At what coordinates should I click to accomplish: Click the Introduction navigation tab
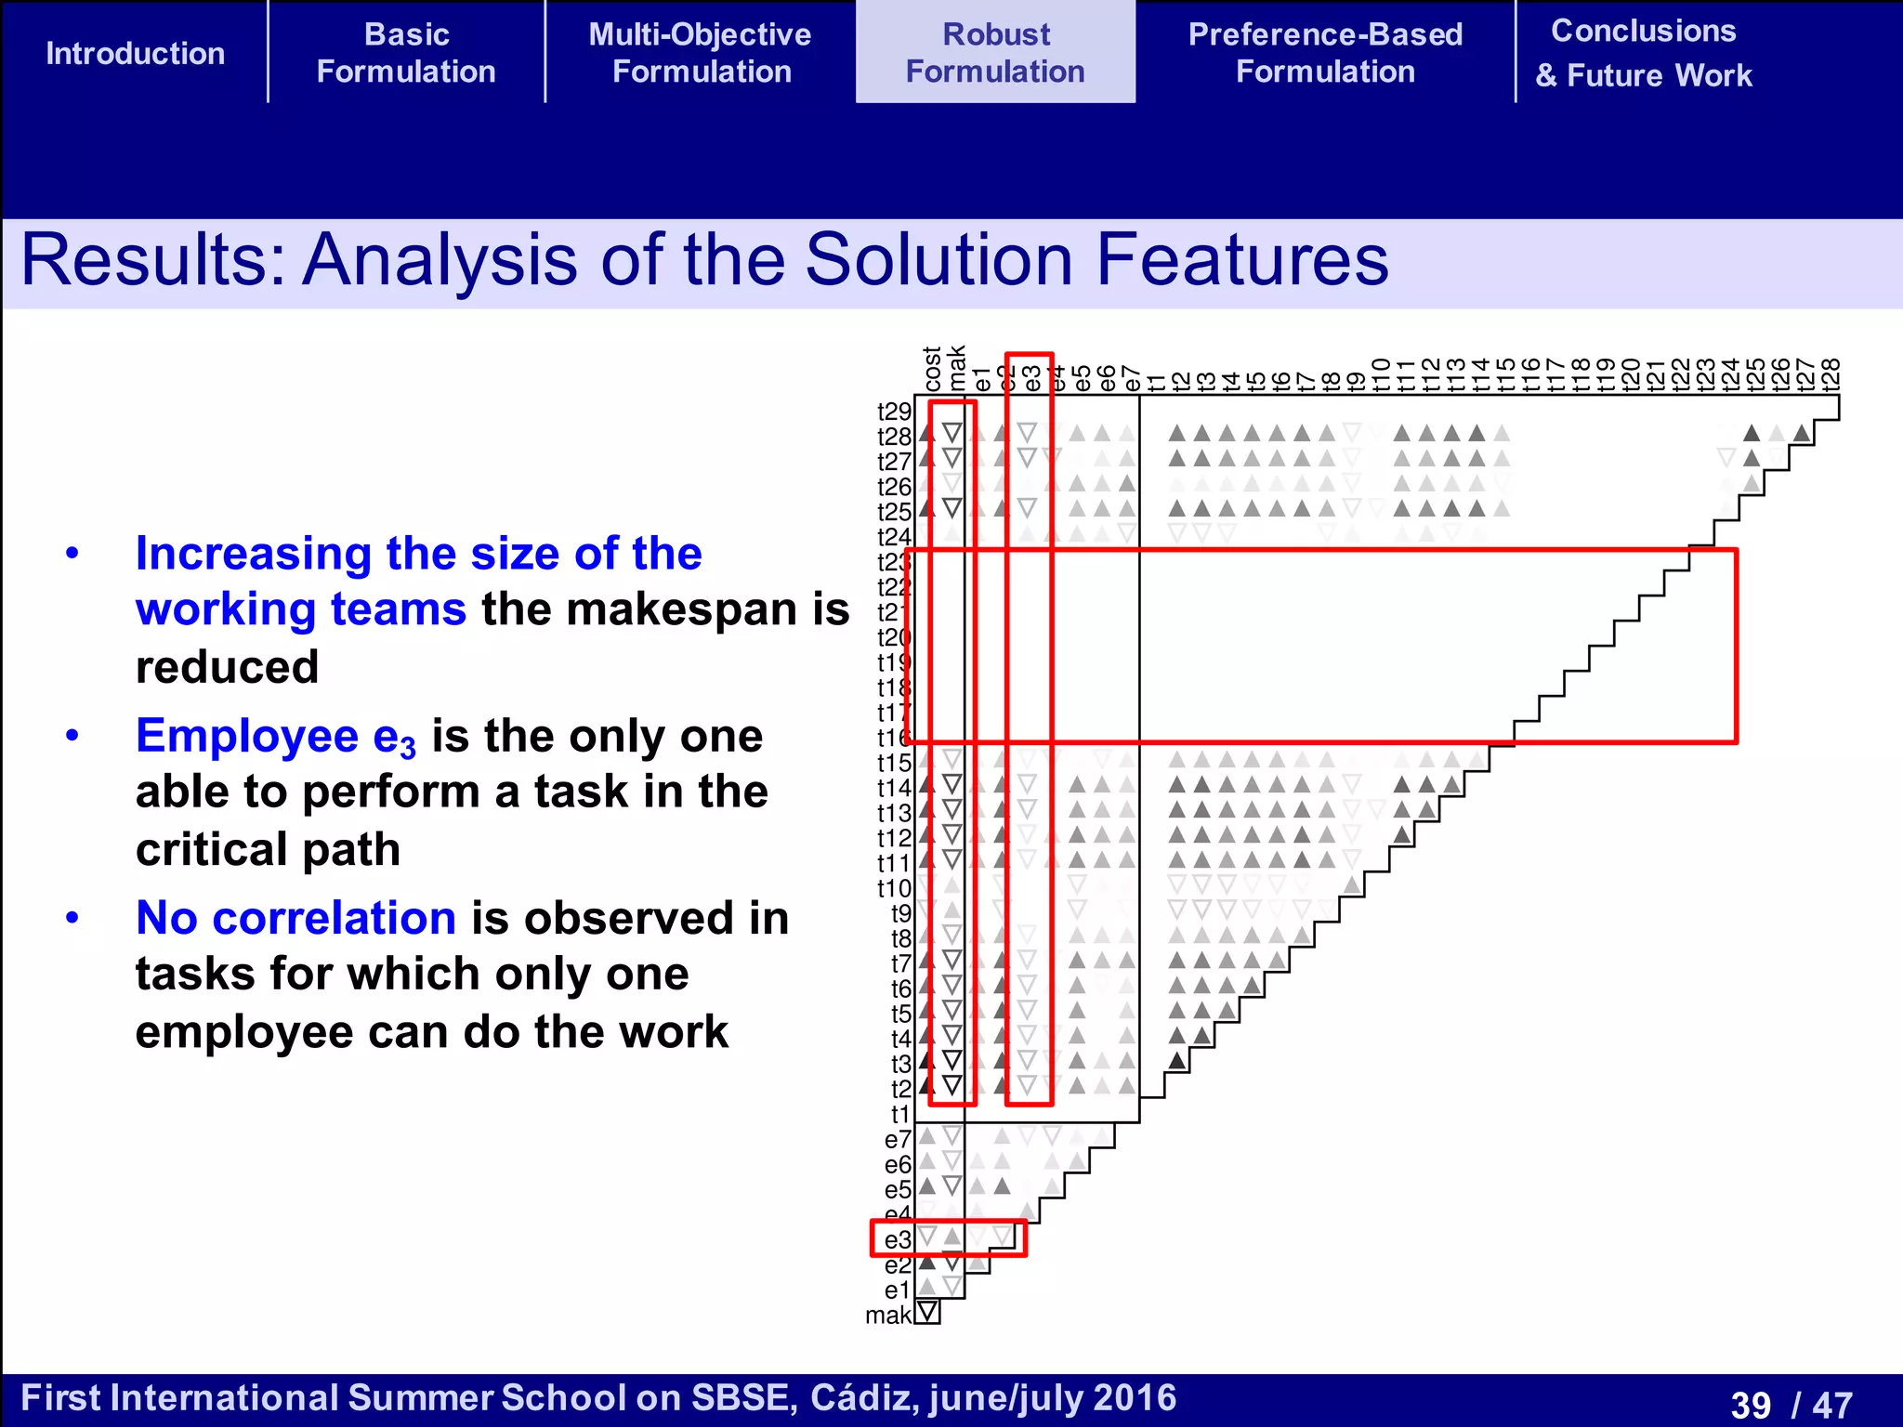coord(135,53)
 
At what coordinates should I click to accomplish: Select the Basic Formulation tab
coord(406,53)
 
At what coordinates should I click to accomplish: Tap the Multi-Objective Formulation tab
coord(700,53)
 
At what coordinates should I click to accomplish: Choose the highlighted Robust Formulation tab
coord(995,53)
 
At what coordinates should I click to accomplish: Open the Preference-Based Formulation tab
coord(1325,53)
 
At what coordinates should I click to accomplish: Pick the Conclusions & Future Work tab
coord(1643,53)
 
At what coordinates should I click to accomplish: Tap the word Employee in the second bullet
coord(246,736)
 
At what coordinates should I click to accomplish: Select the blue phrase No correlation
coord(295,918)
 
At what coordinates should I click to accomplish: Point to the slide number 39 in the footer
coord(1751,1404)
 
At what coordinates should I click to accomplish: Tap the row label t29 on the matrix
coord(894,412)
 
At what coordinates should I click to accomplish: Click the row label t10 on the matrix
coord(894,889)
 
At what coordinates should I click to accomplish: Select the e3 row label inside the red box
coord(897,1240)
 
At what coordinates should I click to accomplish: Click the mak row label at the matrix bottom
coord(887,1316)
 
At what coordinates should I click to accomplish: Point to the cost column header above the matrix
coord(933,369)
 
